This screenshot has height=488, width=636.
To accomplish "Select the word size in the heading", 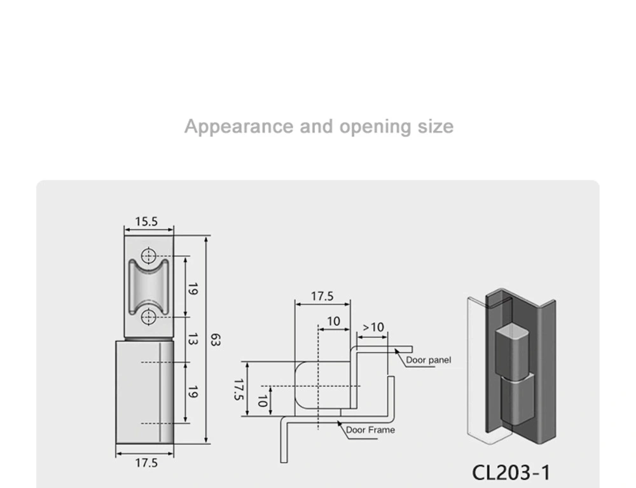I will (x=436, y=126).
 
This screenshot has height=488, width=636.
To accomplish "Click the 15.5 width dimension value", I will (x=146, y=222).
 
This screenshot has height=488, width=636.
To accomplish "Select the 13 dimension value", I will (x=193, y=339).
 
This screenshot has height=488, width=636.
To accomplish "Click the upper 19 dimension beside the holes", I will (x=193, y=288).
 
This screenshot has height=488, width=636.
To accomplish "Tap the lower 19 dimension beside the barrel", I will (x=193, y=393).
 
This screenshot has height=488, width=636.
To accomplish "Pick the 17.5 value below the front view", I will (x=146, y=463).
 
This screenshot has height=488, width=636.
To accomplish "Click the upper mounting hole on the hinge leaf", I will (x=148, y=257).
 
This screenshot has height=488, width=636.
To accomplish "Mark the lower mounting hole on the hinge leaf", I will (x=148, y=316).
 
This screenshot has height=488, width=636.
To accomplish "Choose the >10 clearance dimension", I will (x=373, y=327).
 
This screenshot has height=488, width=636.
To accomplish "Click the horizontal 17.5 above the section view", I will (x=322, y=296).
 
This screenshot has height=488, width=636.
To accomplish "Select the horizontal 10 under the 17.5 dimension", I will (x=333, y=322).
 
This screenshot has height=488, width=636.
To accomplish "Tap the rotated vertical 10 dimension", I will (x=261, y=401).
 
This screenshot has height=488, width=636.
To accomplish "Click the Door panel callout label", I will (x=429, y=360).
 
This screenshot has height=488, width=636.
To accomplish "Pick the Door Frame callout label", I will (x=370, y=430).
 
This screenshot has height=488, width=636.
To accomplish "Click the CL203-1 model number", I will (x=511, y=473).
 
